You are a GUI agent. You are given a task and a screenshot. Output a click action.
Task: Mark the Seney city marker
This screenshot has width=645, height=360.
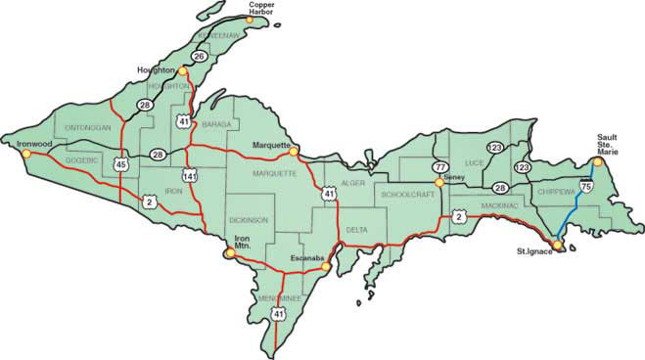click(440, 182)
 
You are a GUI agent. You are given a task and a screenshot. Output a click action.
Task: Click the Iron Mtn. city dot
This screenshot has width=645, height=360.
click(230, 252)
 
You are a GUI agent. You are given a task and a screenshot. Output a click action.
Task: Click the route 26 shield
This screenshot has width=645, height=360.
click(199, 57)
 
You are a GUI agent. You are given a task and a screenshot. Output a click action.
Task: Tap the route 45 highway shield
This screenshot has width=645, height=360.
click(120, 165)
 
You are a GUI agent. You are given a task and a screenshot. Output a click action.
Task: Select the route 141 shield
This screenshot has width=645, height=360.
click(189, 175)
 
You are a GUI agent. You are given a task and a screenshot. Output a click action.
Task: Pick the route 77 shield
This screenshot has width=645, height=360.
click(439, 167)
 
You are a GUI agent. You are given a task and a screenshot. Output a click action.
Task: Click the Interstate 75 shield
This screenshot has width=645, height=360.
click(584, 185)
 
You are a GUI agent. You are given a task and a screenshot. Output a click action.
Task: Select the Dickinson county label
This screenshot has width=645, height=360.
click(248, 221)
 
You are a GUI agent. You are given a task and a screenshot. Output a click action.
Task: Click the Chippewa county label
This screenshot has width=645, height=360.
click(556, 194)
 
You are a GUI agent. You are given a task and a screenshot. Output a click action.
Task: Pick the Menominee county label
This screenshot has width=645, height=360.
click(279, 296)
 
